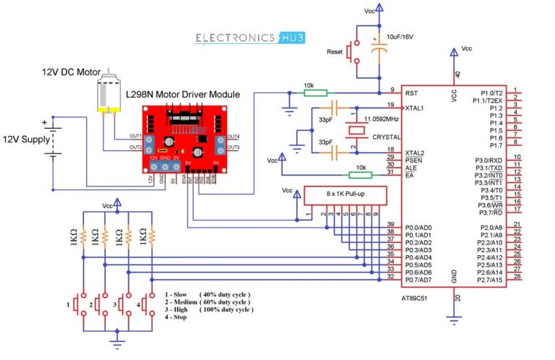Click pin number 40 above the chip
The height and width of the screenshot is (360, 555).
pyautogui.click(x=457, y=74)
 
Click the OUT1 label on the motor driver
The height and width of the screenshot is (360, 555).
pyautogui.click(x=135, y=135)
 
